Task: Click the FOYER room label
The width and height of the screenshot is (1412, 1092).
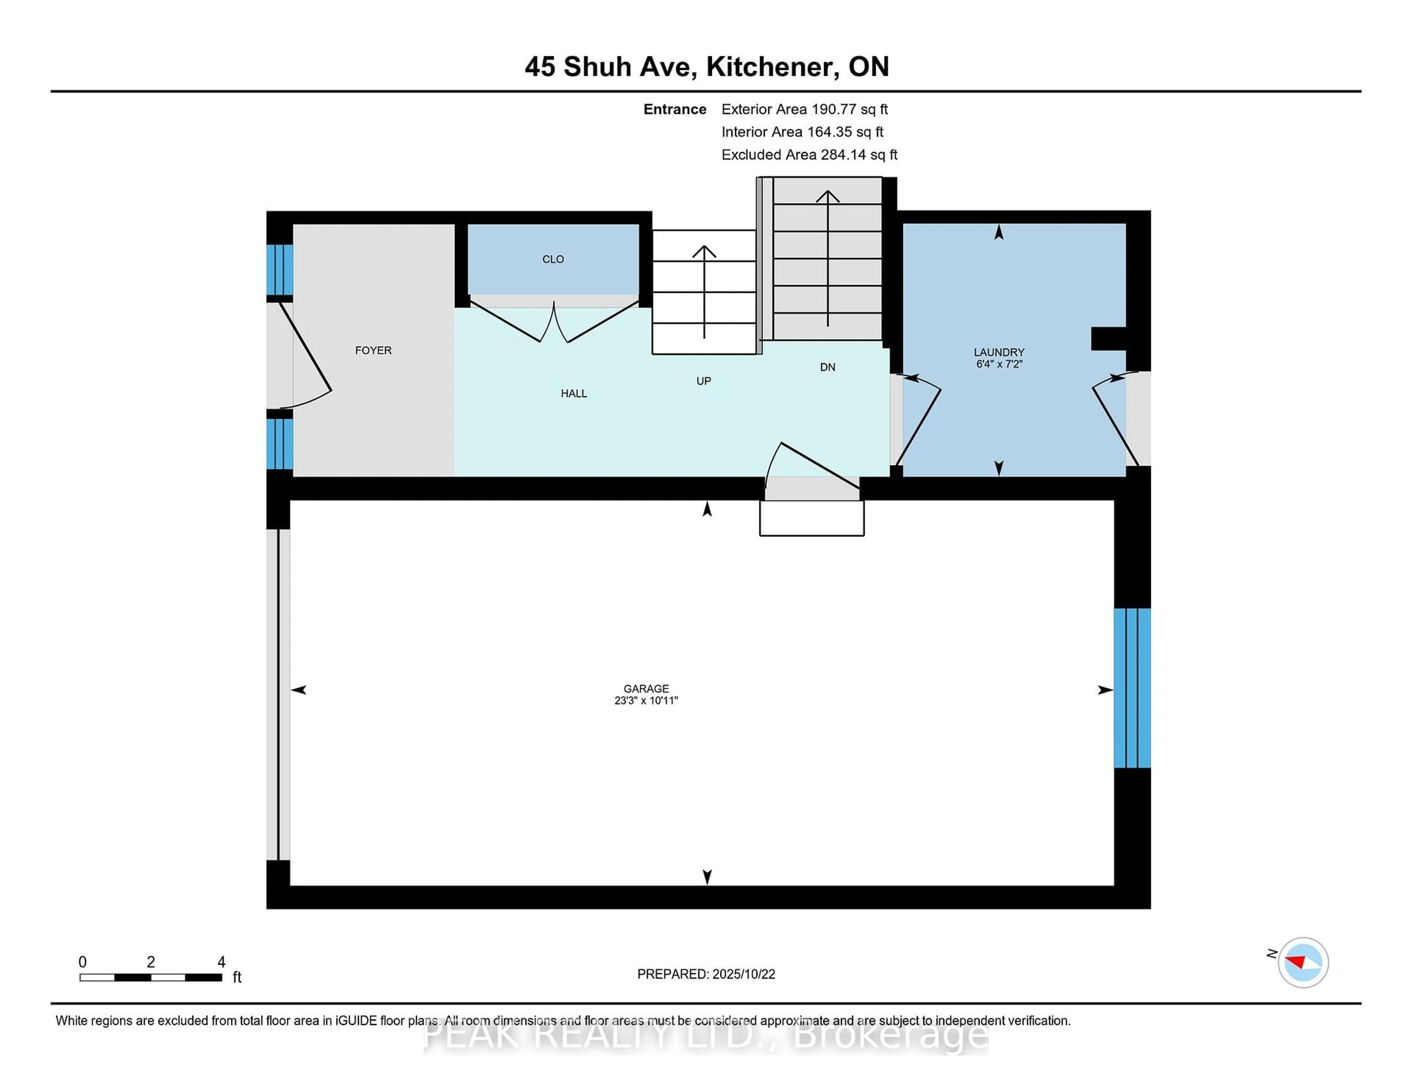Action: (x=373, y=350)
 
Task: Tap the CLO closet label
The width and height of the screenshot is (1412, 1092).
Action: (x=553, y=259)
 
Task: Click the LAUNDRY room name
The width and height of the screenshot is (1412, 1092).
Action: (x=999, y=352)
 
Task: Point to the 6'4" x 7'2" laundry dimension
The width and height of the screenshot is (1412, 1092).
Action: (x=999, y=364)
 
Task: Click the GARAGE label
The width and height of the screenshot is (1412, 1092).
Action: (x=646, y=688)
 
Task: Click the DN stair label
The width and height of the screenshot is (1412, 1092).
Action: (x=828, y=367)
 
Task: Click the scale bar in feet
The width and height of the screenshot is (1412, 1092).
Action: (x=151, y=977)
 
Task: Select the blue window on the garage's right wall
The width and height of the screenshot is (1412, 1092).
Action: (x=1132, y=688)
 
